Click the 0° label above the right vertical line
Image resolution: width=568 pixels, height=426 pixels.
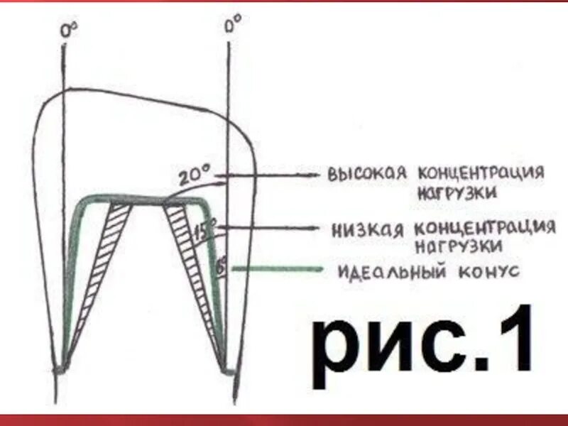[x=232, y=26]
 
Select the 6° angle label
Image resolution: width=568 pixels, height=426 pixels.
[x=221, y=267]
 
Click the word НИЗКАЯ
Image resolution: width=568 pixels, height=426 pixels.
[x=367, y=230]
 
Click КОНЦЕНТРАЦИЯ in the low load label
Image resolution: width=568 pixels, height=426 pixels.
[x=485, y=229]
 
